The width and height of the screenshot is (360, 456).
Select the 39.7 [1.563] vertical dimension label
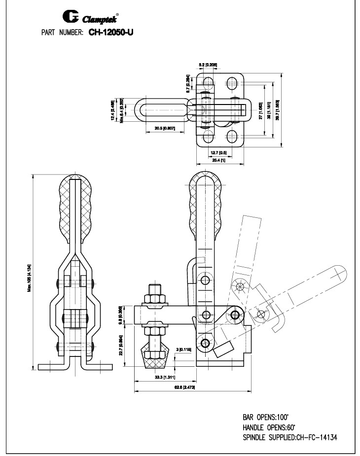point(278,110)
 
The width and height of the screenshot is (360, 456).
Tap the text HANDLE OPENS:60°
point(272,426)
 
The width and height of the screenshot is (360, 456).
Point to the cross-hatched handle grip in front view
point(75,207)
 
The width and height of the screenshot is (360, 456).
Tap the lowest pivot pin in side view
point(205,343)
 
